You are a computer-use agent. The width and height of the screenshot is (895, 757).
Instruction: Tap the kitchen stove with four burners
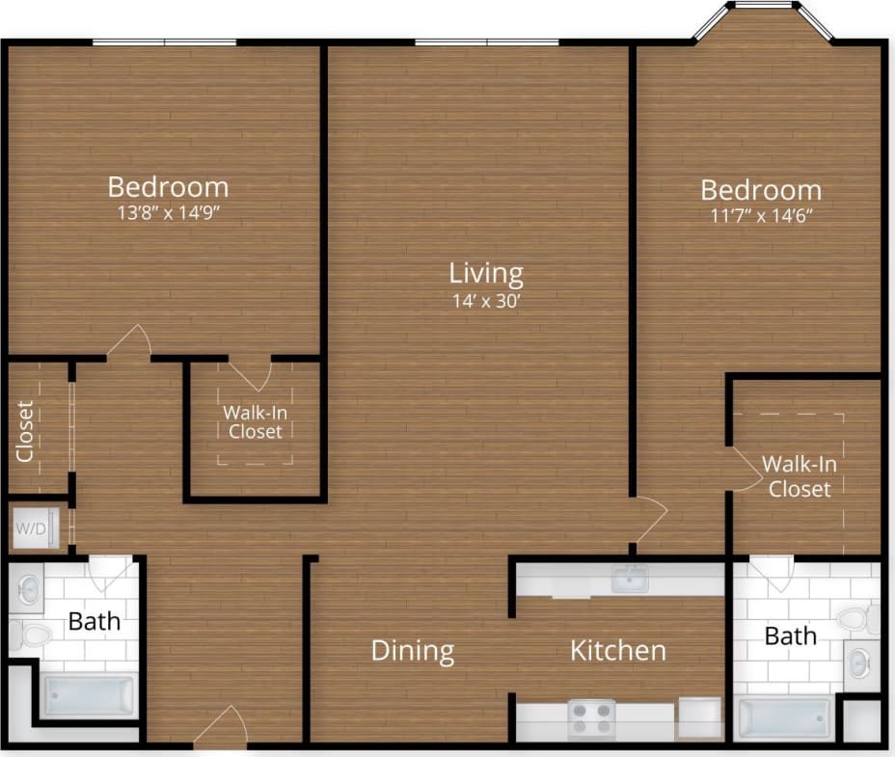click(591, 718)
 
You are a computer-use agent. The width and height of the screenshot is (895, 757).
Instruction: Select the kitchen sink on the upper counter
click(630, 580)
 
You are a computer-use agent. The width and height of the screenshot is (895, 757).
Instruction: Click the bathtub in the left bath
click(90, 696)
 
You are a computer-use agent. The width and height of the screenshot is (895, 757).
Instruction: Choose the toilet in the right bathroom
click(857, 619)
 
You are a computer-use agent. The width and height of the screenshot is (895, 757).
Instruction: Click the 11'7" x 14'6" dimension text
click(761, 215)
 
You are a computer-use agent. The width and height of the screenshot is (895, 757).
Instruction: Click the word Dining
click(413, 650)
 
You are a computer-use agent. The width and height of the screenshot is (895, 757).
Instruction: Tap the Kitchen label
click(618, 650)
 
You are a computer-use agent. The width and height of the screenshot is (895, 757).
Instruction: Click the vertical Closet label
click(26, 430)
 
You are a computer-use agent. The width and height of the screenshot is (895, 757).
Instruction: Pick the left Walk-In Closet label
click(255, 421)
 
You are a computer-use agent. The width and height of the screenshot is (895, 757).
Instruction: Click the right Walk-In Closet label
click(800, 475)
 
